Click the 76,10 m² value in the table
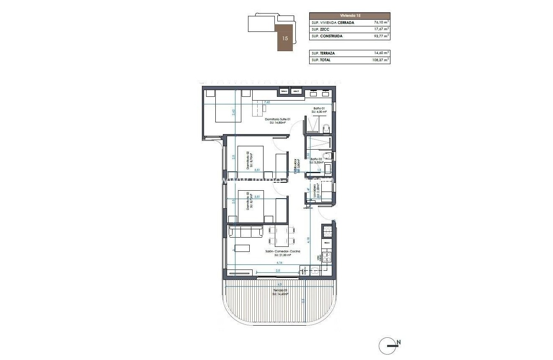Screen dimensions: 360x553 point(381,22)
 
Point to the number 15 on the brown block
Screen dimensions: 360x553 point(285,38)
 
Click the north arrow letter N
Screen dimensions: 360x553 point(398,343)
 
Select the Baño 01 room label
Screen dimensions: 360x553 point(319,109)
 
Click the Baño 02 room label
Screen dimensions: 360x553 point(317,160)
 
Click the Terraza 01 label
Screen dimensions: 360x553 point(279,290)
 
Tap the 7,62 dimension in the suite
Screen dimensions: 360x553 point(267,102)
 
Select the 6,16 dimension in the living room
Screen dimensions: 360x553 point(279,263)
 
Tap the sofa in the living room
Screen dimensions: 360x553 point(245,231)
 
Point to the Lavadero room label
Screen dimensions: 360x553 point(319,193)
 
